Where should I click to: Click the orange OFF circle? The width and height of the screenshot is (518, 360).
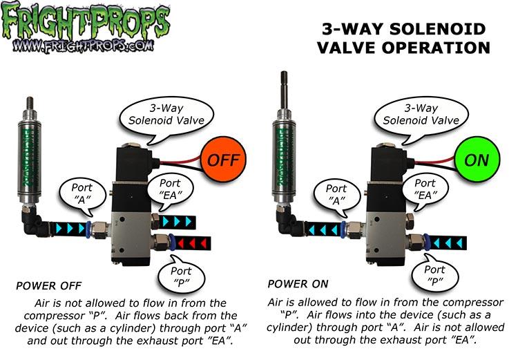220,160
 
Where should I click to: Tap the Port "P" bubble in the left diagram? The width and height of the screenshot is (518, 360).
183,275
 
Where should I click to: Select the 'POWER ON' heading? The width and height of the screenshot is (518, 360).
295,283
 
